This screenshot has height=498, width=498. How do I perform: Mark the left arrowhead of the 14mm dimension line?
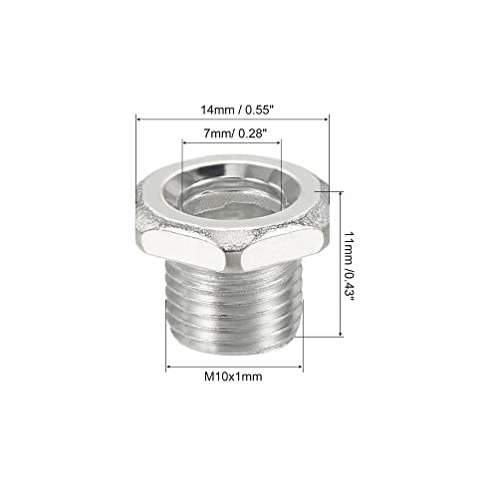tap(138, 119)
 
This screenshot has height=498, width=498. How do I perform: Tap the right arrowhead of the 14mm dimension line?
tap(335, 119)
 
